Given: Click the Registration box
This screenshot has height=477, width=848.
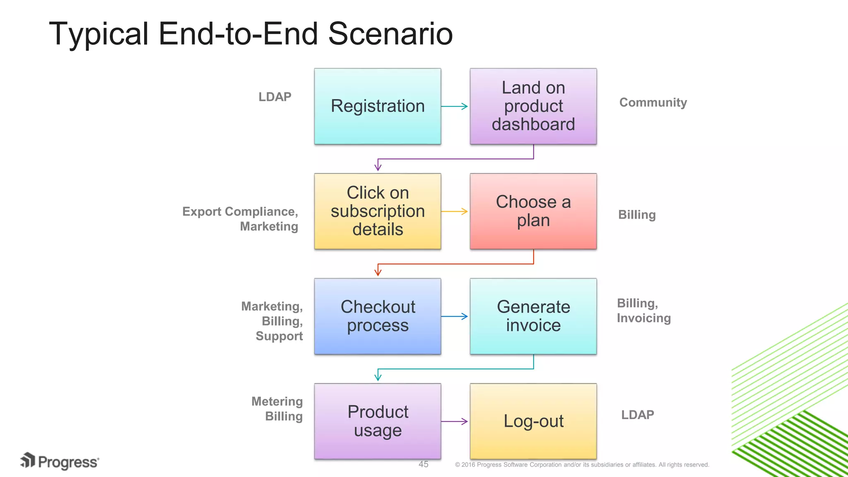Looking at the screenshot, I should coord(377,106).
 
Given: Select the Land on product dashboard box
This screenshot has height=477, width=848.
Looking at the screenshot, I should coord(533,106).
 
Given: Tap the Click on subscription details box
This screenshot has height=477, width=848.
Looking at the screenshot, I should coord(377,211).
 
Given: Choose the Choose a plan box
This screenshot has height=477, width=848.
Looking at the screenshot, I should coord(533,211).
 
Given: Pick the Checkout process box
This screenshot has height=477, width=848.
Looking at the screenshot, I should coord(377,316).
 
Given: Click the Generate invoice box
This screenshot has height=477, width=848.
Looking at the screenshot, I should coord(533,316).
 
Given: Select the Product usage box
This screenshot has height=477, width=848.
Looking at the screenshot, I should coord(377,421).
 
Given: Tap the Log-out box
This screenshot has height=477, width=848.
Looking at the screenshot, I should coord(533,421).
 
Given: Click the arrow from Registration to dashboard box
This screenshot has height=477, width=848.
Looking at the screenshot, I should coord(455,106).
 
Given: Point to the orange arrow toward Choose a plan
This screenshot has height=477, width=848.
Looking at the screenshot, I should coord(455,211).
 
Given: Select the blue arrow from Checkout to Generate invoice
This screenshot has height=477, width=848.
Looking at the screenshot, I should coord(455,316).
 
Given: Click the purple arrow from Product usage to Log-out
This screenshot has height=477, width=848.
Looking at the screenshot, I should coord(455,422).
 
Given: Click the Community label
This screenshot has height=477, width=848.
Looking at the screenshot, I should coord(653,102).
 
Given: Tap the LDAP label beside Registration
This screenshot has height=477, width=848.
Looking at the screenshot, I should coord(275,97).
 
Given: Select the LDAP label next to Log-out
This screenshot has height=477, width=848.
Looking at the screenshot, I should coord(638,415).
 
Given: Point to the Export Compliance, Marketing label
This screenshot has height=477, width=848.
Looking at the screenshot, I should coord(241,219).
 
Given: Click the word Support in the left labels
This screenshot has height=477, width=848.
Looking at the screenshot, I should coord(279,336).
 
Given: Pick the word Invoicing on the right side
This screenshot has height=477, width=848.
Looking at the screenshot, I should coord(643,318).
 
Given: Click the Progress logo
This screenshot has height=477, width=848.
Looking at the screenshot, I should coord(60,461).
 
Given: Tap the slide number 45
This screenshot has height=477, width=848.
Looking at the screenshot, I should coord(423,464).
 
